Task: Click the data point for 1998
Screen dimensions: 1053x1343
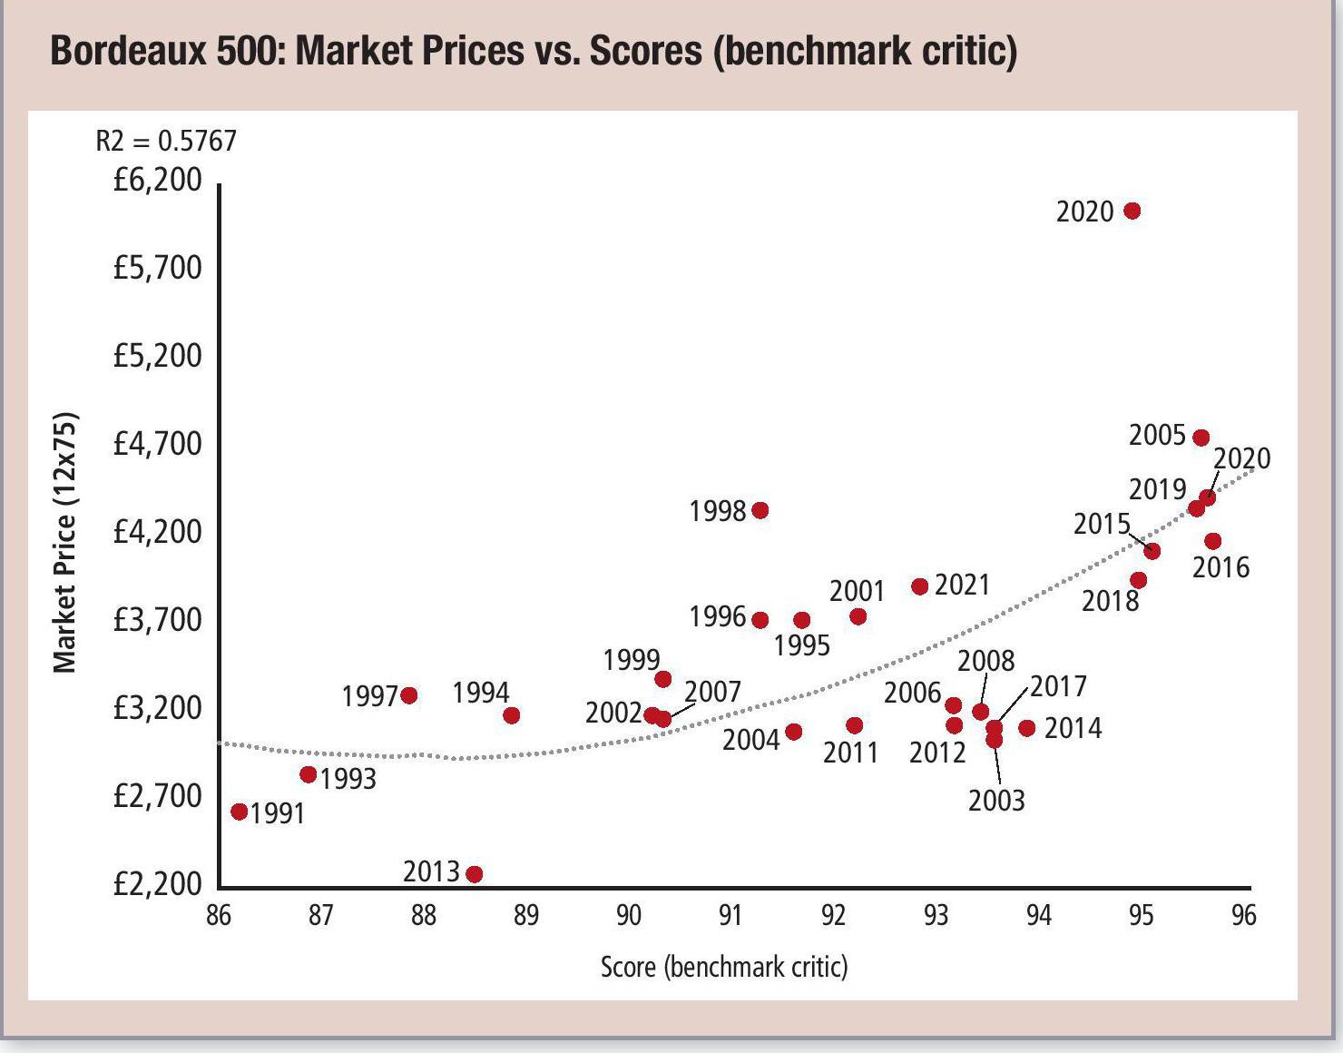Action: click(x=760, y=510)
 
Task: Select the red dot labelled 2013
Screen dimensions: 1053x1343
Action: click(x=474, y=873)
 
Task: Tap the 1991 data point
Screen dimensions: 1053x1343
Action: click(x=240, y=812)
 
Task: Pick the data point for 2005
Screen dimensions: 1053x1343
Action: click(x=1201, y=438)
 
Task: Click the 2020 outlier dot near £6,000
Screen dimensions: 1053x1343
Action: click(x=1132, y=211)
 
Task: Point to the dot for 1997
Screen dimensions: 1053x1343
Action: click(x=408, y=695)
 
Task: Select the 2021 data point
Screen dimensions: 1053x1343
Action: click(x=919, y=586)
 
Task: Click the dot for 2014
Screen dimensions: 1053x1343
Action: click(x=1026, y=728)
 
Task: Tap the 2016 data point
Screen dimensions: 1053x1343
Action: click(x=1212, y=541)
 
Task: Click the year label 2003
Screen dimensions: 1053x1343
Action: click(x=996, y=801)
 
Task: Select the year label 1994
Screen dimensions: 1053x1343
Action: click(x=481, y=693)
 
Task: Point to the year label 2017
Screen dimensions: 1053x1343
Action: click(x=1058, y=686)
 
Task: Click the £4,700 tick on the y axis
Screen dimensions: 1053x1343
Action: click(x=157, y=444)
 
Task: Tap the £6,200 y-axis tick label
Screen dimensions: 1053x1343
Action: click(x=157, y=180)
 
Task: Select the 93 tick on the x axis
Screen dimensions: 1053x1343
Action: click(x=936, y=915)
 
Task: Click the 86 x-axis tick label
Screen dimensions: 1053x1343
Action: click(x=219, y=915)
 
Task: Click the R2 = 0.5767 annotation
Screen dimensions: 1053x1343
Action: click(x=166, y=141)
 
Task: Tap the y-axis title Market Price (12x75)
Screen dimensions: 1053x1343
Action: click(x=64, y=543)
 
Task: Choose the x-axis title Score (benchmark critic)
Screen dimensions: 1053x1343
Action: click(x=724, y=967)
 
